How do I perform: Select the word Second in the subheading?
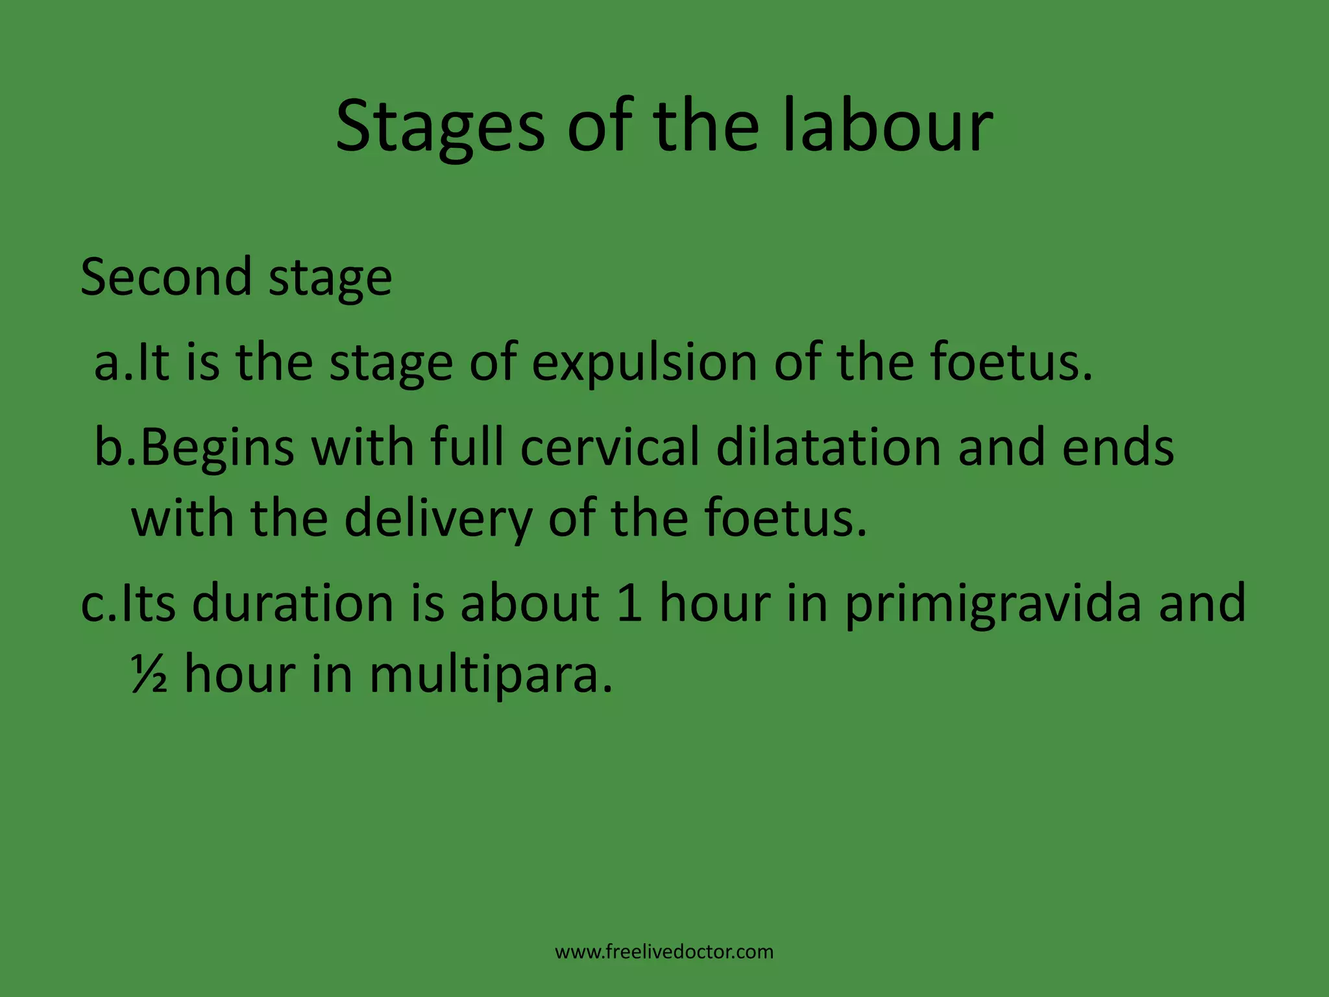(166, 277)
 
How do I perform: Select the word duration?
(293, 603)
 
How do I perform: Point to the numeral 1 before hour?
(629, 603)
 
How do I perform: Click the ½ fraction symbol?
(150, 674)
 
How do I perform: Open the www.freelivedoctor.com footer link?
(664, 952)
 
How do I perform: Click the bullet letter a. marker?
(112, 363)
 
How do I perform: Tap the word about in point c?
(530, 603)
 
